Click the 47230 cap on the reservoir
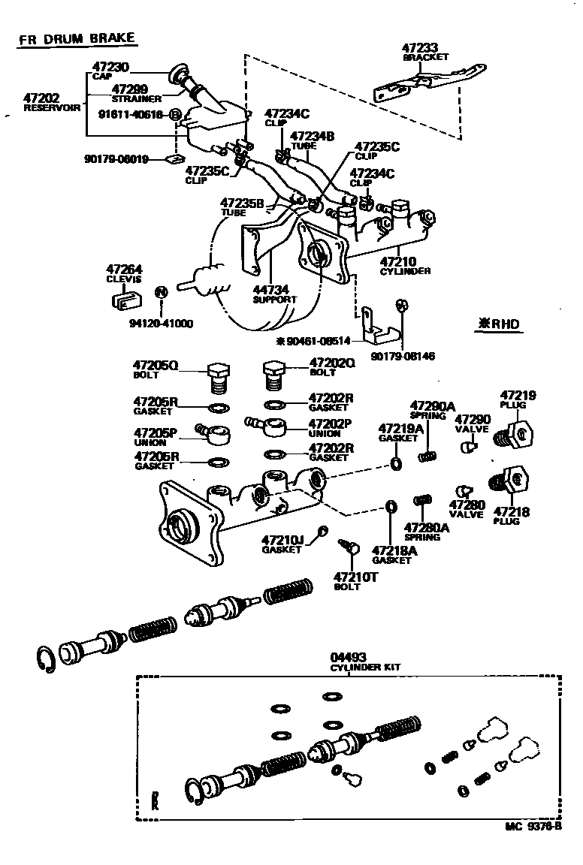[x=180, y=73]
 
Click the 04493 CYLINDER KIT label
[x=366, y=662]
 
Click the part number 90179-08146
[x=403, y=356]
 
